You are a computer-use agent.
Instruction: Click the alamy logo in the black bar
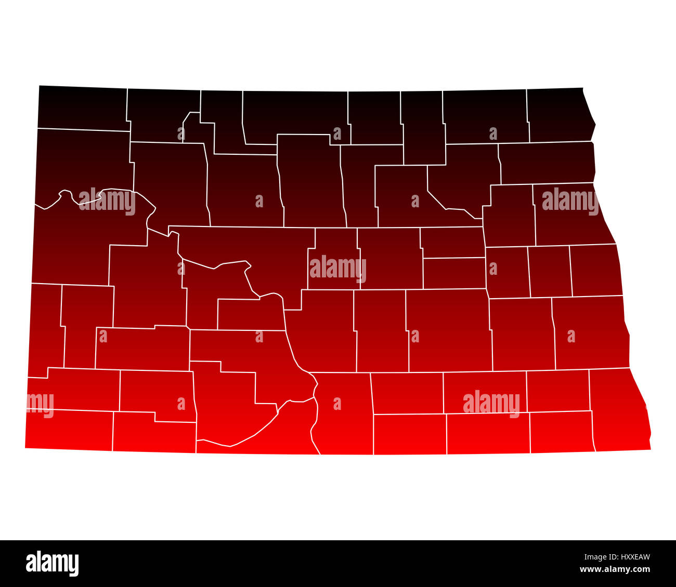(x=52, y=563)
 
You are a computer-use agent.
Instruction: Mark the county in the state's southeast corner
(x=619, y=410)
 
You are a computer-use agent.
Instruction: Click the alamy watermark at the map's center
(x=338, y=269)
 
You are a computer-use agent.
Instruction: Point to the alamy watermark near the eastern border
(x=570, y=201)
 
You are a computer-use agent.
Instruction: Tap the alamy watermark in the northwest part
(x=108, y=201)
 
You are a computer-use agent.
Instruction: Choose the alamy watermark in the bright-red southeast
(x=491, y=404)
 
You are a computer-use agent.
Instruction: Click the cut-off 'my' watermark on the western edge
(x=40, y=404)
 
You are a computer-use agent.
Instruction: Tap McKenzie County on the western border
(x=73, y=244)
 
